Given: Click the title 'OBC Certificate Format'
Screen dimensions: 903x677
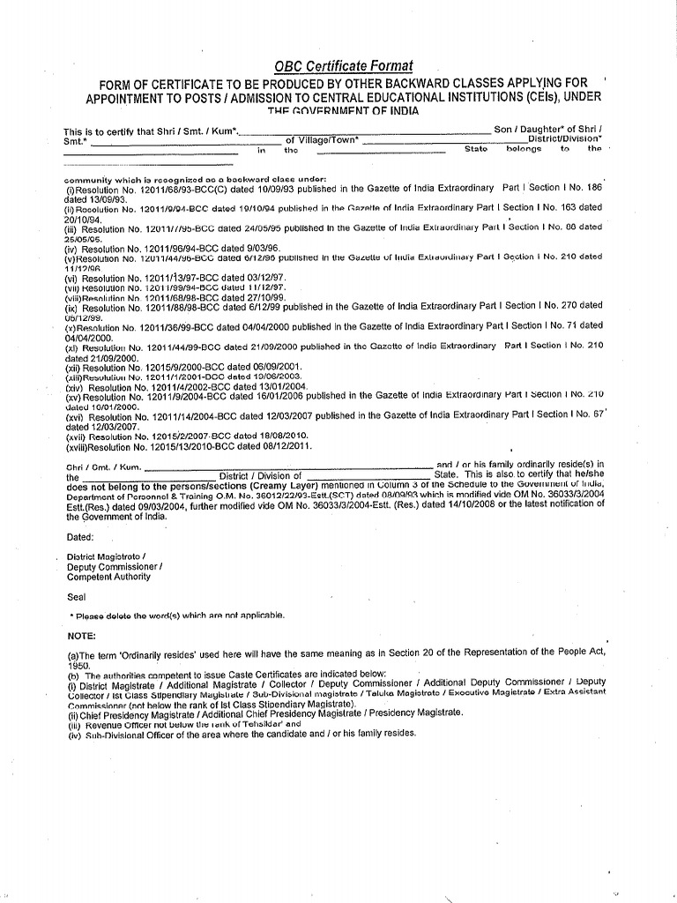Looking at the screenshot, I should (343, 66).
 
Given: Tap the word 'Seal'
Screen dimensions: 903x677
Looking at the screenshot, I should (77, 596).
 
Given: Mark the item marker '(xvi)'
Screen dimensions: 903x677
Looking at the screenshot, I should (75, 414).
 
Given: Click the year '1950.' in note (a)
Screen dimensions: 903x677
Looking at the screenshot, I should (79, 667).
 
